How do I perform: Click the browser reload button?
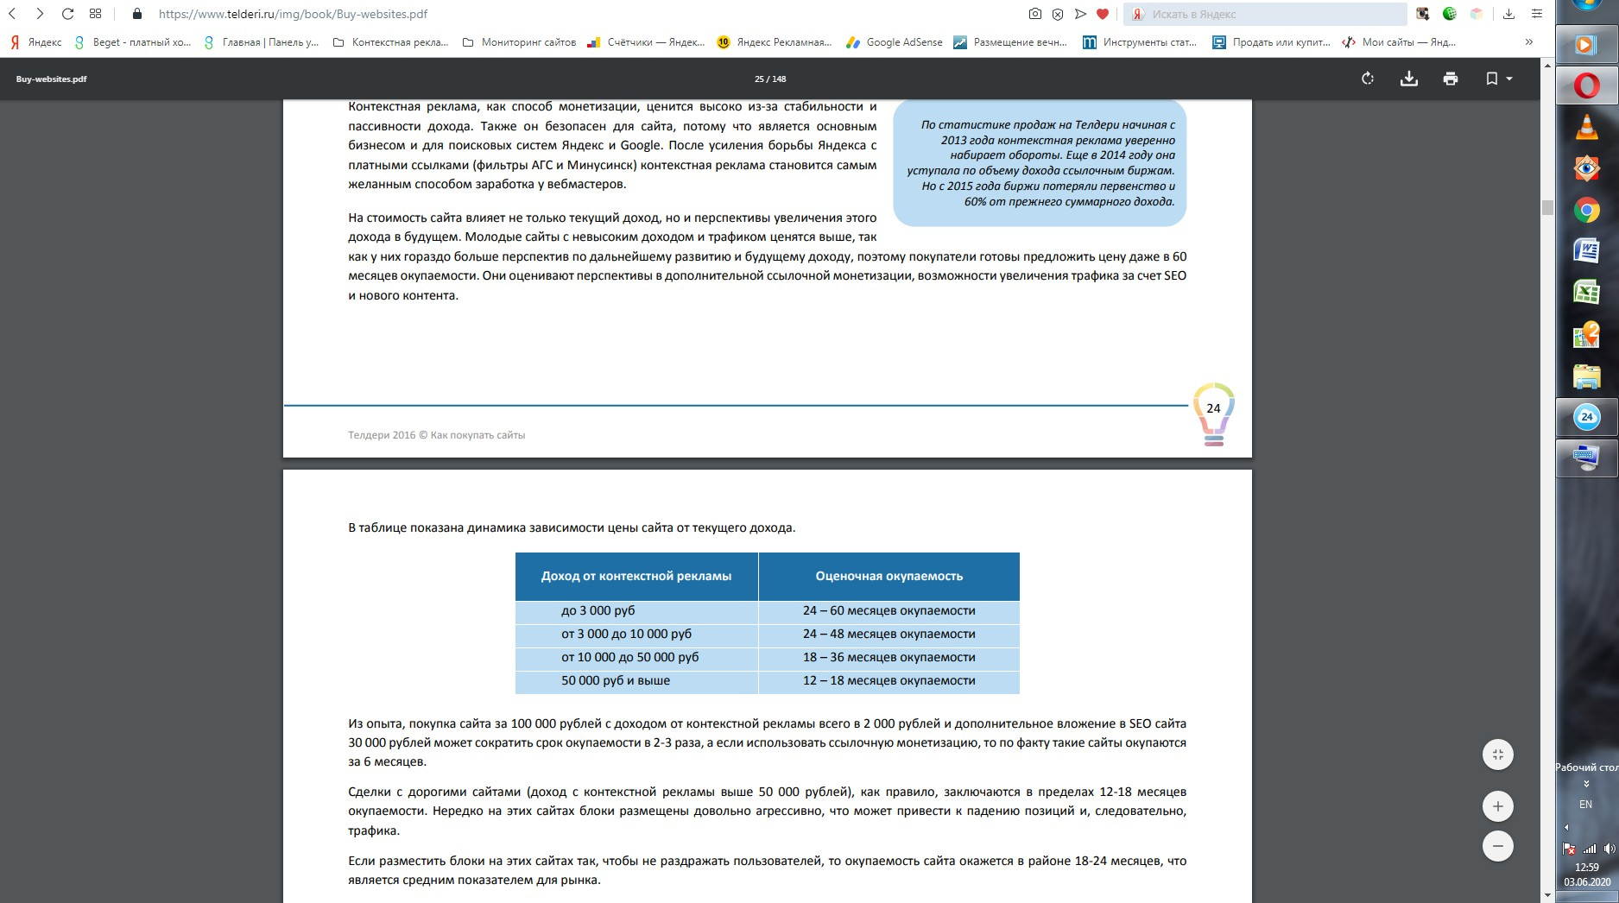click(x=67, y=14)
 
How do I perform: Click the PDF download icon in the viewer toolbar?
click(x=1408, y=79)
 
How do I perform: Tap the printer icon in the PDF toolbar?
click(x=1450, y=79)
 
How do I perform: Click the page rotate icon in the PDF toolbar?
click(x=1368, y=79)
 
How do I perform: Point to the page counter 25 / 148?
click(x=770, y=79)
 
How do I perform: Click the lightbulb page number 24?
click(x=1213, y=409)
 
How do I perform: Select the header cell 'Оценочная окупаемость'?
click(x=889, y=576)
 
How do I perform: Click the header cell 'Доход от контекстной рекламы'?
click(x=636, y=576)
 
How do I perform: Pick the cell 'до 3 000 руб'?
click(x=598, y=610)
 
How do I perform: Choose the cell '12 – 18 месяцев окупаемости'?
click(x=889, y=680)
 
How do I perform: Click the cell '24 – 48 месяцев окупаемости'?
click(x=889, y=634)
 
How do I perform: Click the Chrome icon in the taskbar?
click(x=1586, y=210)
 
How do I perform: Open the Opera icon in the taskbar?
click(x=1586, y=85)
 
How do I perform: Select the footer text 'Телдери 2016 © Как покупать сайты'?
click(x=436, y=435)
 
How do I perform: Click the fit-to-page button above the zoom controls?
click(x=1497, y=755)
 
